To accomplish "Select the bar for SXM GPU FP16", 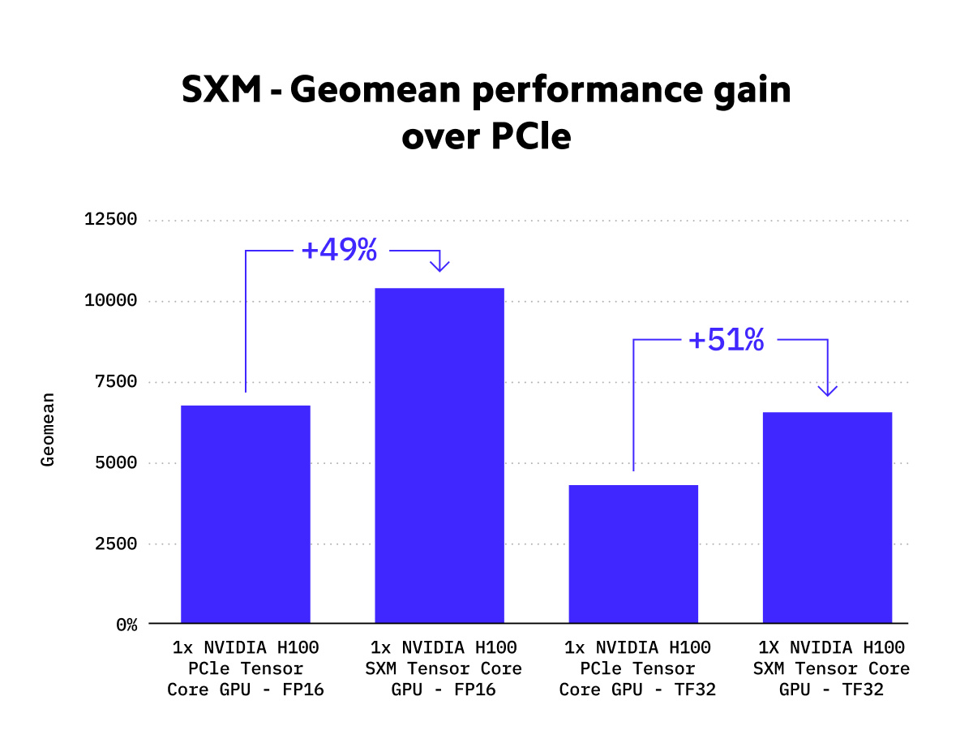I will click(439, 455).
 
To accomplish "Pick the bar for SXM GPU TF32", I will click(827, 518).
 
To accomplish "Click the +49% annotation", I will click(339, 251).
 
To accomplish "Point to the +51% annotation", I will click(727, 340).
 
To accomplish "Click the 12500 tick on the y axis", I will click(111, 220).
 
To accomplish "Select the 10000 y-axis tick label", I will click(111, 301).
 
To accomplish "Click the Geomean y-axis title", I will click(49, 429).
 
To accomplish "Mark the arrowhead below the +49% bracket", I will click(439, 265).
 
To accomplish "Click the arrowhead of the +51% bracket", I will click(827, 390).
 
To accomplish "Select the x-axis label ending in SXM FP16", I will click(446, 669).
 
